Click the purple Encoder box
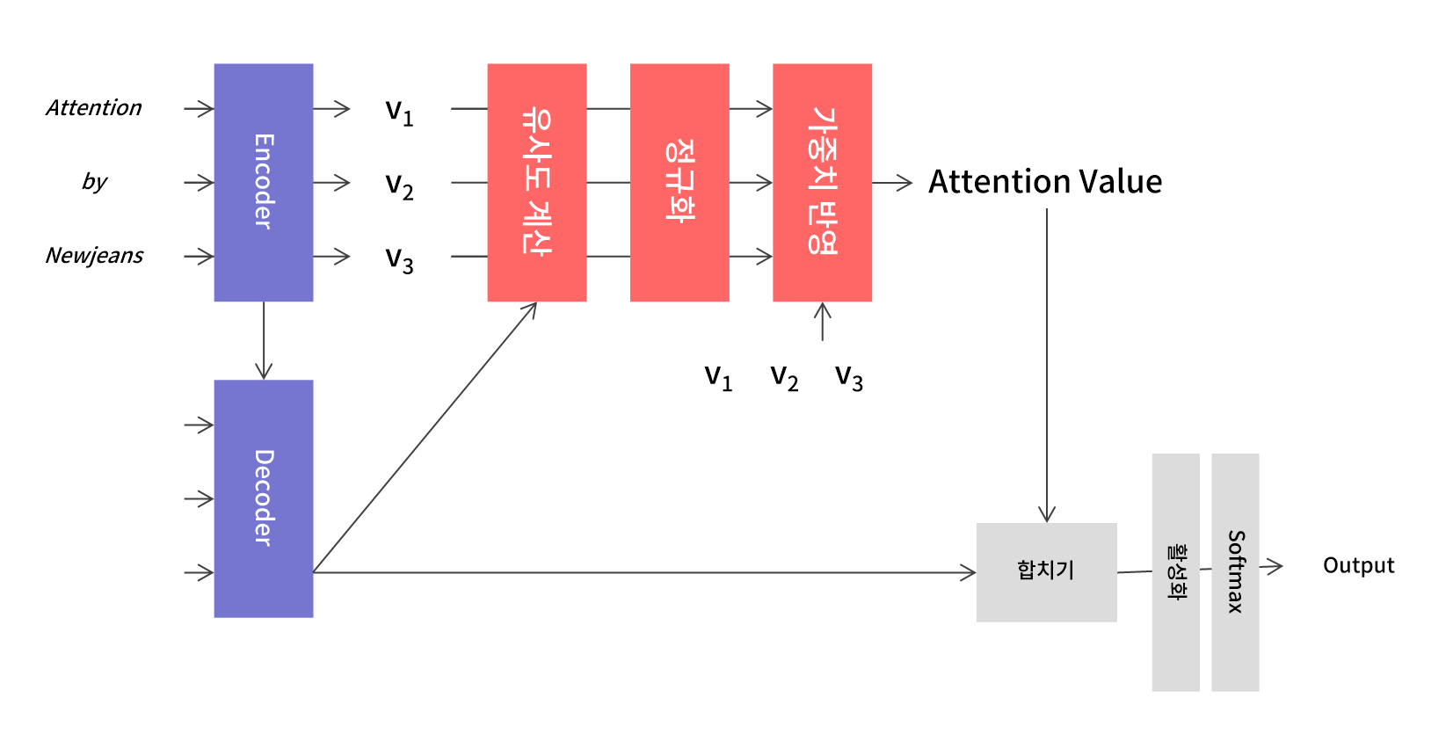(x=263, y=182)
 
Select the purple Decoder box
(x=263, y=498)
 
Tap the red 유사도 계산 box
(x=536, y=182)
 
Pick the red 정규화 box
(x=679, y=182)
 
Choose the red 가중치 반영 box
(x=821, y=182)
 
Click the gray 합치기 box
(x=1046, y=572)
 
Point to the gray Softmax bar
(x=1234, y=572)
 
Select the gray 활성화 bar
(x=1175, y=572)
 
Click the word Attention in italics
(x=93, y=108)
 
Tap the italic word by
(x=94, y=182)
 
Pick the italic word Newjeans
(x=94, y=256)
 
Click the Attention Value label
(x=1045, y=182)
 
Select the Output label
(x=1358, y=565)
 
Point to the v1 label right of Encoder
(x=399, y=112)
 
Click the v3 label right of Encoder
(x=399, y=259)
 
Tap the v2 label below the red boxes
(x=784, y=377)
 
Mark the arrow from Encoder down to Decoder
(x=263, y=341)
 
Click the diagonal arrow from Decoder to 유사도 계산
(x=425, y=438)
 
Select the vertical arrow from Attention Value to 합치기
(x=1046, y=365)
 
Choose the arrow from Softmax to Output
(x=1271, y=567)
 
